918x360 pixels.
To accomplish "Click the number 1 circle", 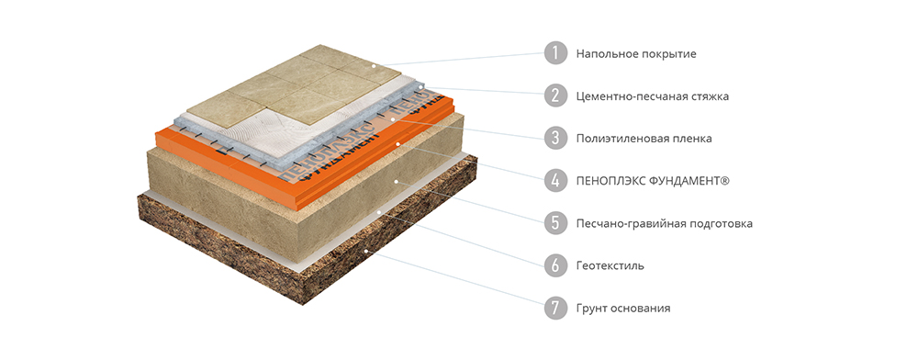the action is (x=555, y=53).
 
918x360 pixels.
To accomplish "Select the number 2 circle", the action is (x=555, y=96).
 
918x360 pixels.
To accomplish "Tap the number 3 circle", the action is (x=555, y=138).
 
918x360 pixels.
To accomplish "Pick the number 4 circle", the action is (x=555, y=181).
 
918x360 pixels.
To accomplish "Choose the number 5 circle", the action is (x=555, y=223).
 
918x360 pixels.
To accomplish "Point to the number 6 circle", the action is (x=555, y=265).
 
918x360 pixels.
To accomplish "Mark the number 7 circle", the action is (x=555, y=308).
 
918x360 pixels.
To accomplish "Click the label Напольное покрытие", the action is (x=636, y=54).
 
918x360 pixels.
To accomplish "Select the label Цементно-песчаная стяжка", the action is (x=652, y=96).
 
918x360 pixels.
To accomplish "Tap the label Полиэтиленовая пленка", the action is (x=644, y=140).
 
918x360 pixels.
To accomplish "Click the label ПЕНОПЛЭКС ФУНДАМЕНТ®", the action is (x=653, y=182).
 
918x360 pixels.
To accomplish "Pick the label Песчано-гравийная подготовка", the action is (x=664, y=224).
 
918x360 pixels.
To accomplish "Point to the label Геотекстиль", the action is (x=610, y=266).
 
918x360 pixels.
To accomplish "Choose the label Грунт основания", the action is (x=623, y=309).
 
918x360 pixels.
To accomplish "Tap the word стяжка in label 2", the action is (x=710, y=96).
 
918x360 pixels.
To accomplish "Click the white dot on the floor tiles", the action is (x=373, y=66).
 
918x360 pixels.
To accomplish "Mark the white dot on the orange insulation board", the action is (x=397, y=142).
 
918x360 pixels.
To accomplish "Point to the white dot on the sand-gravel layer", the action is (x=397, y=182).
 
